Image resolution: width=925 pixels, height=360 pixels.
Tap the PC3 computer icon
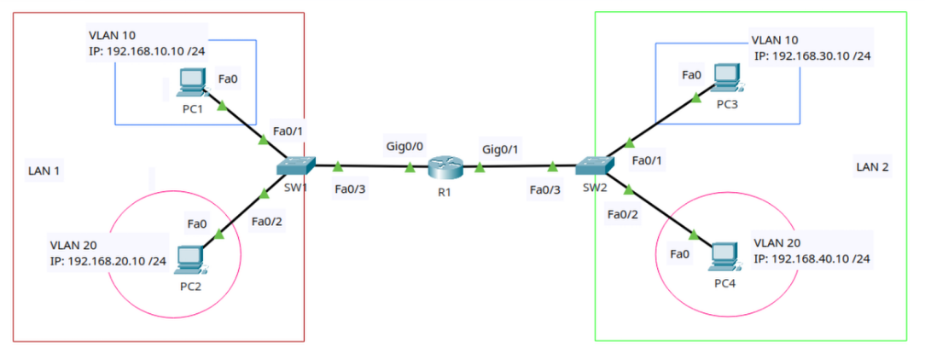[x=726, y=78]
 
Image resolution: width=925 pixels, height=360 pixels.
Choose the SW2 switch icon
[x=592, y=166]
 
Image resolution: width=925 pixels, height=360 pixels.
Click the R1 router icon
[x=444, y=167]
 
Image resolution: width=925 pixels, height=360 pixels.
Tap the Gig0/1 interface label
[x=501, y=149]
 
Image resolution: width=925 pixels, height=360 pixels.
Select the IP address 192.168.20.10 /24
[x=108, y=261]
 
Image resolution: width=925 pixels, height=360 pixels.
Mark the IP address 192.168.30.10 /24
[x=812, y=56]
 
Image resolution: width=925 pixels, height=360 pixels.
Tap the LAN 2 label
[x=872, y=166]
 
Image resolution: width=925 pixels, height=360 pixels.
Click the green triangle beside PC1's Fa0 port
[x=223, y=107]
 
